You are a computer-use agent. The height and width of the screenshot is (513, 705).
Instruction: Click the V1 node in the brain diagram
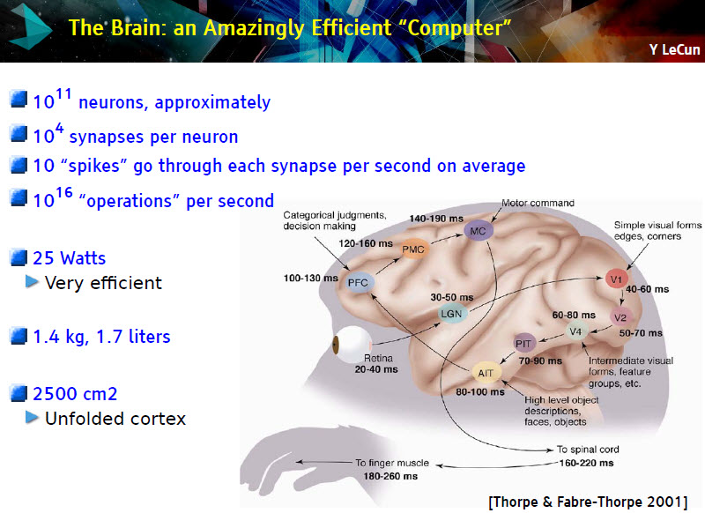(x=616, y=279)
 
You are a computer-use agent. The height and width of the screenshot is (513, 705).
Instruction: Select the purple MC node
(x=478, y=231)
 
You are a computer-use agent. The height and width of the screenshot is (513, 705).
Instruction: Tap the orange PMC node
(x=413, y=249)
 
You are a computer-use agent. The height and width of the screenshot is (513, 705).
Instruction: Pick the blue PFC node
(x=359, y=283)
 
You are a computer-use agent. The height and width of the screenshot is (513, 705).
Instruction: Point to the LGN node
(x=451, y=314)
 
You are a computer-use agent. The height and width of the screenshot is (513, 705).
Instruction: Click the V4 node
(x=576, y=331)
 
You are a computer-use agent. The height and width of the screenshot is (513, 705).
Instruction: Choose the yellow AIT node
(x=486, y=373)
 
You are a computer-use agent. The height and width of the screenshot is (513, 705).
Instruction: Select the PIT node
(x=523, y=344)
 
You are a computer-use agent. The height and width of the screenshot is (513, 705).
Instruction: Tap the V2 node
(x=620, y=317)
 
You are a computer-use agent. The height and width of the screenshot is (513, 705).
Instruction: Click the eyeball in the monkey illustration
(x=351, y=345)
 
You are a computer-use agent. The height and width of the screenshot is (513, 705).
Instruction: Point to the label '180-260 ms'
(x=390, y=476)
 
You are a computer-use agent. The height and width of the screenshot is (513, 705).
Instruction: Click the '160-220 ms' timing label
(x=586, y=463)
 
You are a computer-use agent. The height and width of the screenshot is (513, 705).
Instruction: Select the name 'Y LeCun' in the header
(x=674, y=49)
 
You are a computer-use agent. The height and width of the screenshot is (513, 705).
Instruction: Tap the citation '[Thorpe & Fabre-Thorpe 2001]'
(x=588, y=502)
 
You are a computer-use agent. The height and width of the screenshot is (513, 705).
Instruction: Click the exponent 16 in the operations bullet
(x=64, y=192)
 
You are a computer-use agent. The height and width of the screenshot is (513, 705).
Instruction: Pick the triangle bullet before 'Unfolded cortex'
(x=32, y=417)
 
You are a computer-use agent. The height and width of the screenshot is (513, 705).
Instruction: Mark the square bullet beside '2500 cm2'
(x=19, y=393)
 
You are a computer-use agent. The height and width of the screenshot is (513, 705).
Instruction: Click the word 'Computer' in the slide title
(x=456, y=28)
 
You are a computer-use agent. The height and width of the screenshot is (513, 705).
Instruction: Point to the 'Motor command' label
(x=538, y=203)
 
